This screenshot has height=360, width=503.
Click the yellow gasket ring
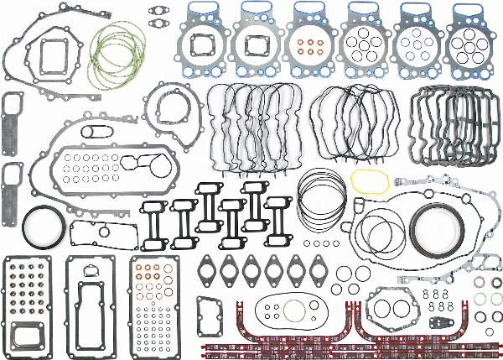click(x=367, y=180)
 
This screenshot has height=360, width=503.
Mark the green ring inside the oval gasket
click(x=293, y=312)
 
